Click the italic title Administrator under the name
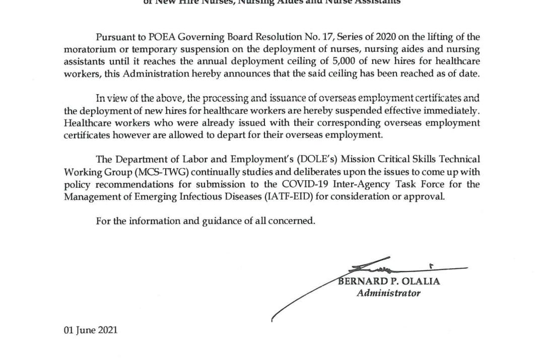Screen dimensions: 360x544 (388, 293)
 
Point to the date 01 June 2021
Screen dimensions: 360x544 (91, 330)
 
